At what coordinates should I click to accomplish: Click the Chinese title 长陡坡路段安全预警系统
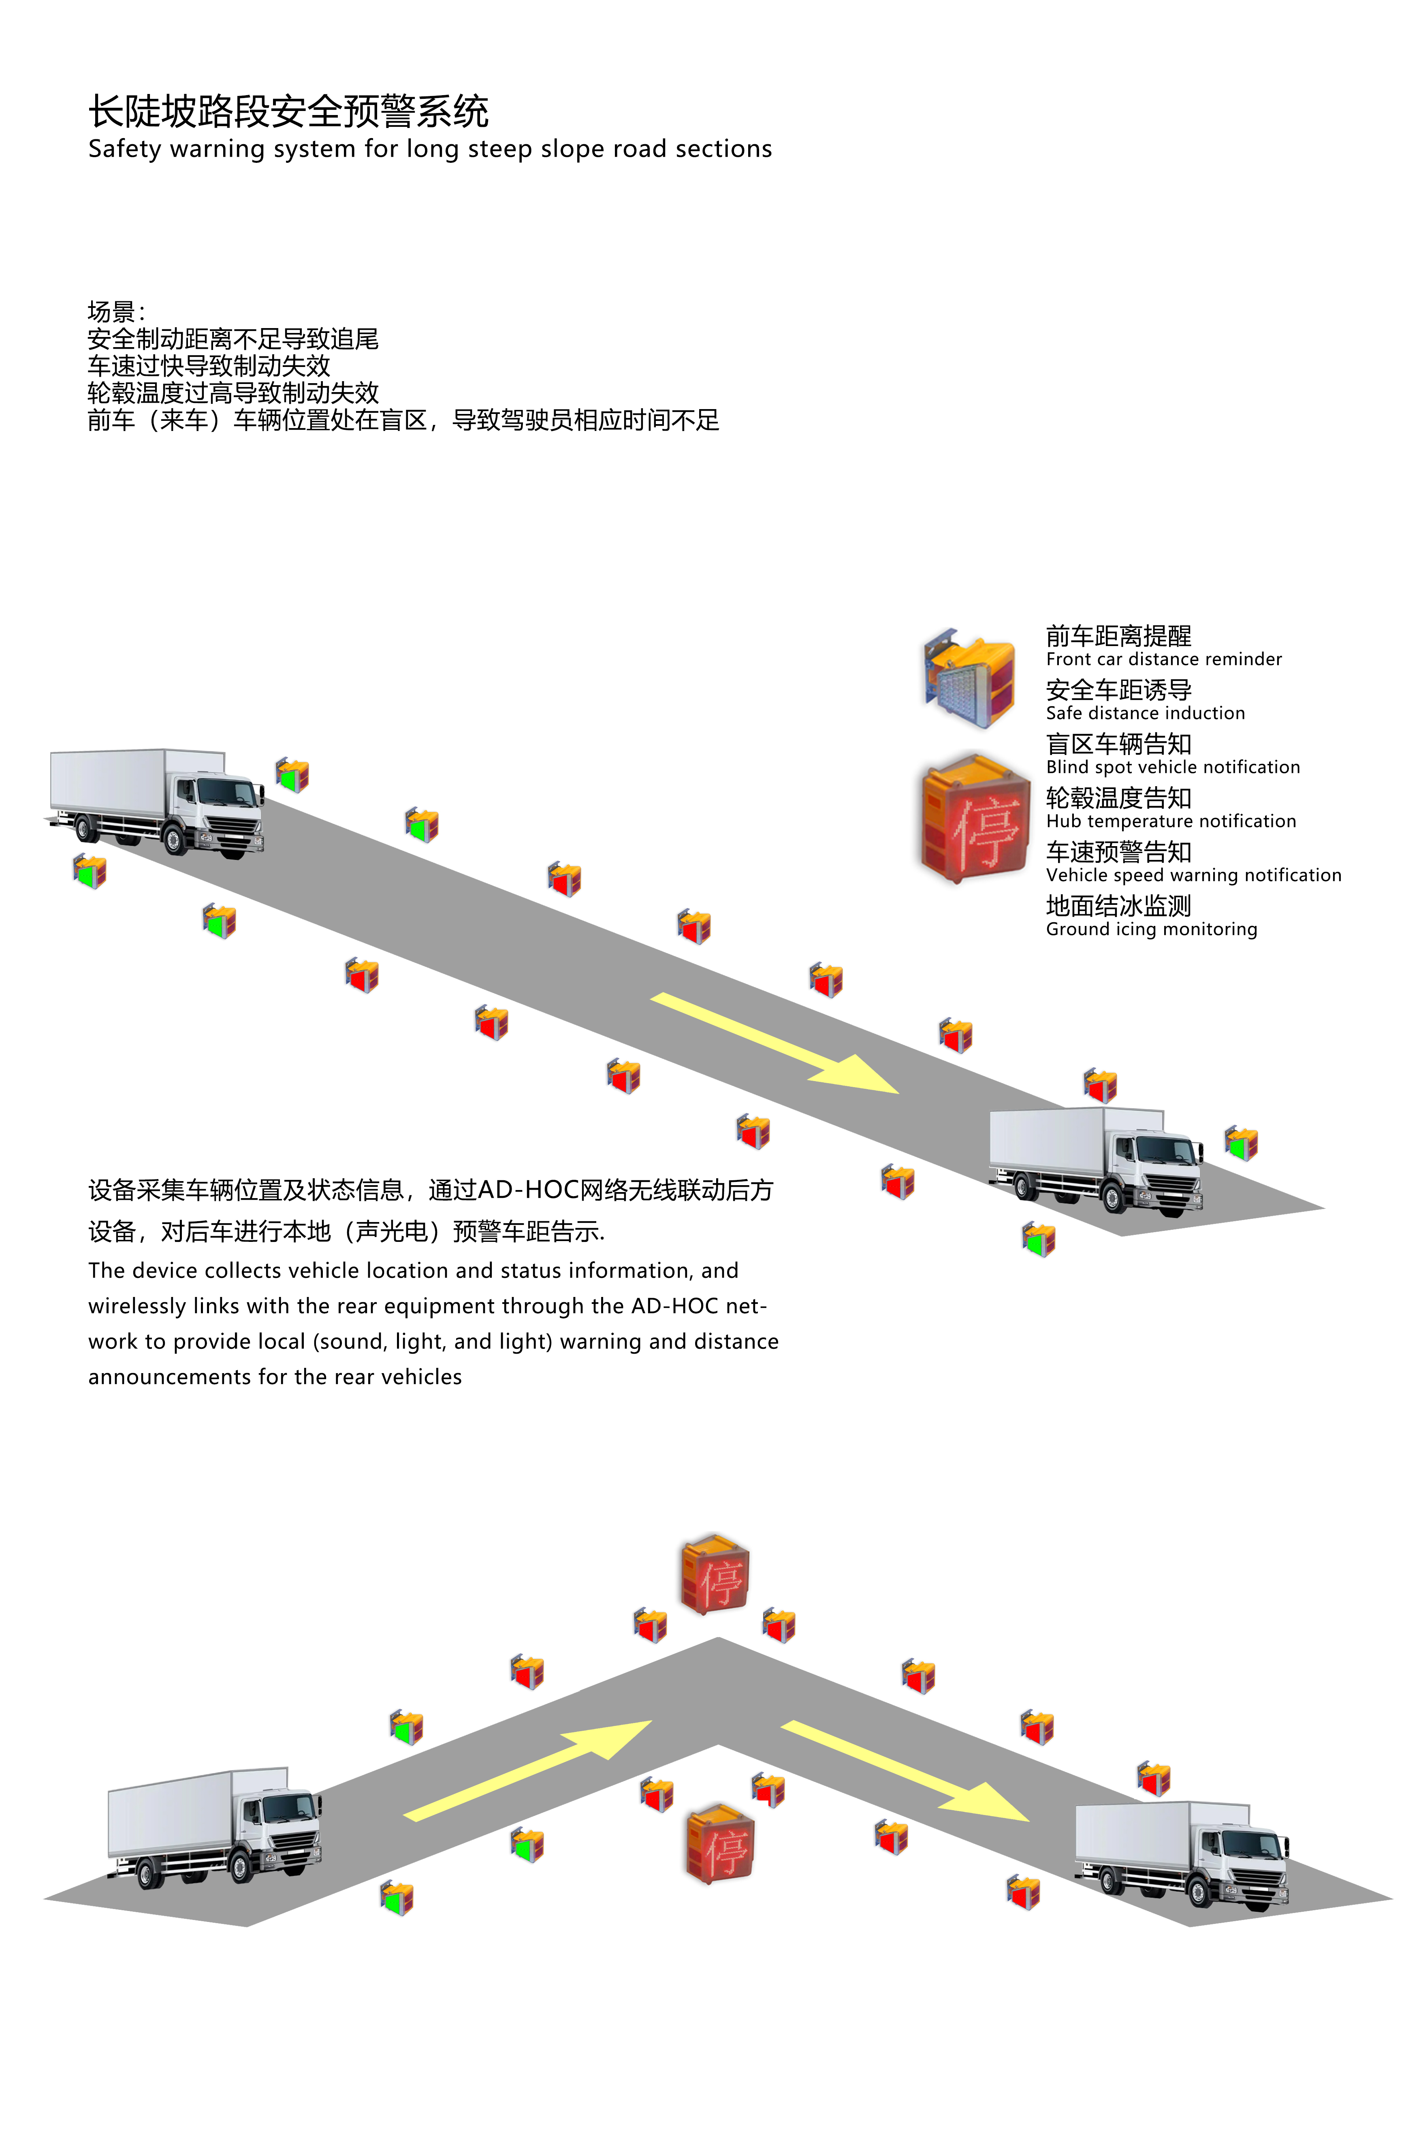[x=288, y=112]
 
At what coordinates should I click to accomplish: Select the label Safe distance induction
[x=1145, y=713]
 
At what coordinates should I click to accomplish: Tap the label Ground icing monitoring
[x=1151, y=930]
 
